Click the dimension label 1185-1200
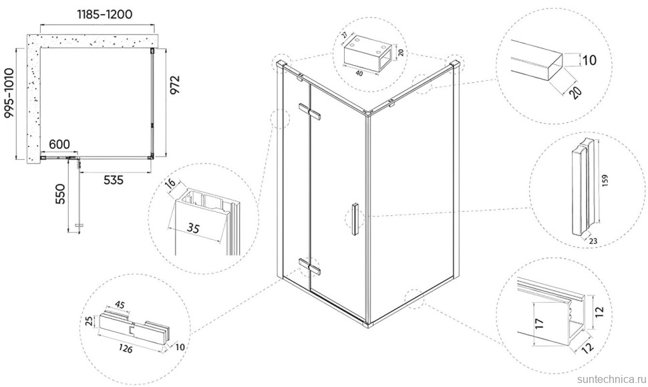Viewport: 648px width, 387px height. pos(105,14)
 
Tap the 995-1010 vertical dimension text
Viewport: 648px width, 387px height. pos(9,94)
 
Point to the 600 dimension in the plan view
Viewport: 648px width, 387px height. pos(59,144)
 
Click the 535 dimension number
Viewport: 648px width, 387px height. pos(114,180)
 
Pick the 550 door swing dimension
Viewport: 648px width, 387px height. pos(60,194)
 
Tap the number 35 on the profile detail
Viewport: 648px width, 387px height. pos(192,227)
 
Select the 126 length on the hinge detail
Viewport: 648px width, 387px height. pos(124,348)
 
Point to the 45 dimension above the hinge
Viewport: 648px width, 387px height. pos(119,305)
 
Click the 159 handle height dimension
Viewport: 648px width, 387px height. pos(605,180)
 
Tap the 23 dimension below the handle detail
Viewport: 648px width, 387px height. pos(593,241)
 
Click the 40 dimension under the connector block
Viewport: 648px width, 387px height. pos(359,73)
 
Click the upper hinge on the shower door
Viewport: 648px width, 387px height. pos(309,111)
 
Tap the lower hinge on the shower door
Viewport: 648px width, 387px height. pos(309,266)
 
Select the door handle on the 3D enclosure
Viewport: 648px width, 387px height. pos(355,219)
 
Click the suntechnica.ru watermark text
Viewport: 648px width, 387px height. pos(611,379)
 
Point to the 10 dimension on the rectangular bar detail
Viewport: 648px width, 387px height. pos(589,60)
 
